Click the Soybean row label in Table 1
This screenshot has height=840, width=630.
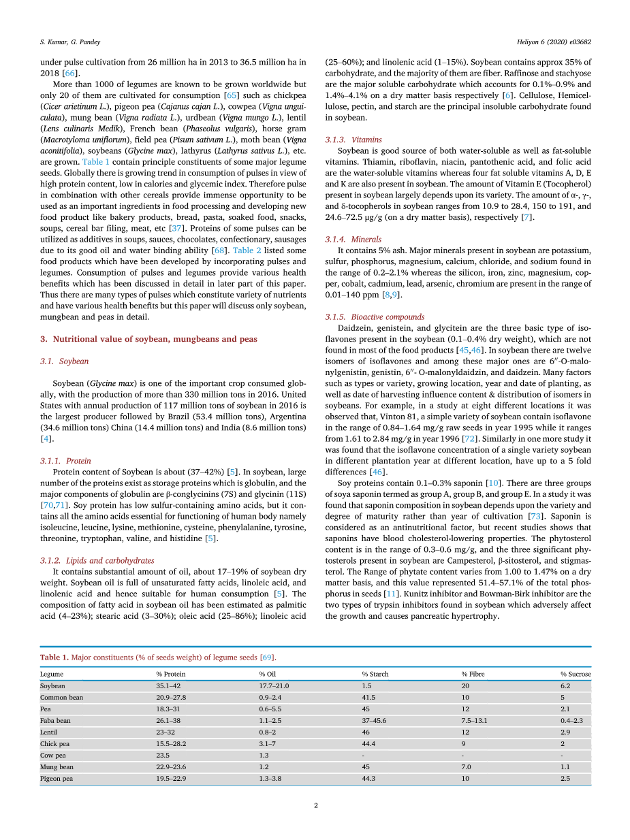tap(52, 686)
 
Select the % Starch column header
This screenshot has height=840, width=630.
tap(375, 674)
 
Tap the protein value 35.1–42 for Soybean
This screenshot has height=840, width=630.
tap(168, 686)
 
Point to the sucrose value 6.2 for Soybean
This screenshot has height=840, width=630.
tap(565, 686)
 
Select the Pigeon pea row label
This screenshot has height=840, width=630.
tap(57, 779)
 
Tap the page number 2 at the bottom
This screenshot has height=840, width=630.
tap(316, 805)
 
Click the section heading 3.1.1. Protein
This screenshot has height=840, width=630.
tap(65, 461)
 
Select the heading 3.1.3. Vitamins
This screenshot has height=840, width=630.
tap(353, 140)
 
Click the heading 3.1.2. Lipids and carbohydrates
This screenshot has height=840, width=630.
tap(97, 560)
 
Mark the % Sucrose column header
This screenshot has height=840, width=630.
tap(576, 674)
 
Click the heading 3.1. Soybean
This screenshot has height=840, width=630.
tap(64, 361)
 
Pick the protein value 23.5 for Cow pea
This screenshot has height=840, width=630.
tap(163, 756)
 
